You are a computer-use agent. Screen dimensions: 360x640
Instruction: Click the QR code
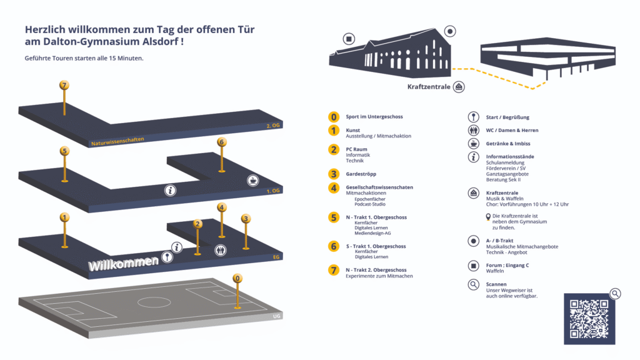(589, 318)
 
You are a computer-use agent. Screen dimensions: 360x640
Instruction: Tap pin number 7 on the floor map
(63, 86)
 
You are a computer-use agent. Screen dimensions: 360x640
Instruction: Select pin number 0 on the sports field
(237, 278)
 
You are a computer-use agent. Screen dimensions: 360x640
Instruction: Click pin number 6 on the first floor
(221, 142)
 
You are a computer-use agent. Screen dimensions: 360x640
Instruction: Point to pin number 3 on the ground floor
(246, 219)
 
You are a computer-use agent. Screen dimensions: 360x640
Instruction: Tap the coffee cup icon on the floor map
(252, 180)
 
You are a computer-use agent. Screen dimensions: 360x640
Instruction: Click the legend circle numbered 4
(334, 187)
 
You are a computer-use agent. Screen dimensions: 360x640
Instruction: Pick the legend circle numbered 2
(334, 149)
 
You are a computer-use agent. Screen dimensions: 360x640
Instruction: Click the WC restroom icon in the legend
(473, 130)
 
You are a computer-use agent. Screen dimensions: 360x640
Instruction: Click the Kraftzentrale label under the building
(429, 87)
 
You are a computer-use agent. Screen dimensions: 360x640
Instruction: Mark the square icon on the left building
(349, 39)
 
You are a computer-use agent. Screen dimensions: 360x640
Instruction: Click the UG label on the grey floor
(277, 316)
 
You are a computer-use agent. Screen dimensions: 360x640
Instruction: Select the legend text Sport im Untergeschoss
(374, 117)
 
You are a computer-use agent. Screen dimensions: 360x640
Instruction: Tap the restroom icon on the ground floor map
(220, 249)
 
